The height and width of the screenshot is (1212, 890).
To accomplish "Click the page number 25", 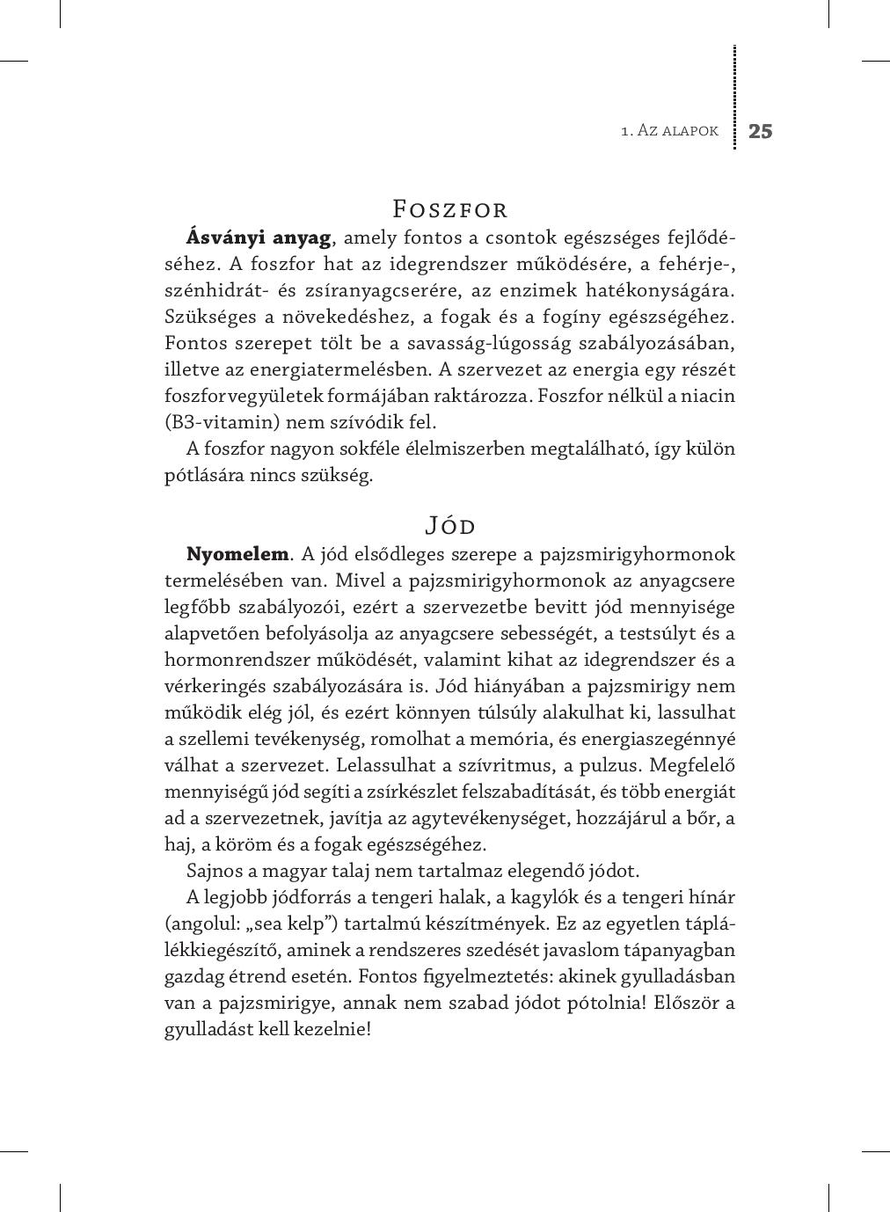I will pyautogui.click(x=760, y=131).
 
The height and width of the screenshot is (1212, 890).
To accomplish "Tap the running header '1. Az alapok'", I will pyautogui.click(x=669, y=131).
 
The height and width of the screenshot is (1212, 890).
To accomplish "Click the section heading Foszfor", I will pyautogui.click(x=449, y=209).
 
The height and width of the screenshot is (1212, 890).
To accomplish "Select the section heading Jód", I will pyautogui.click(x=449, y=526).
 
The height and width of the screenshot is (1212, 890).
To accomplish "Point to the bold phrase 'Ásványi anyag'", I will pyautogui.click(x=259, y=237).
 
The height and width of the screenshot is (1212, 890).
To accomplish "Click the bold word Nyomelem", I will pyautogui.click(x=237, y=554).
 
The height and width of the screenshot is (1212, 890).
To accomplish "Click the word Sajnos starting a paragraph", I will pyautogui.click(x=215, y=871).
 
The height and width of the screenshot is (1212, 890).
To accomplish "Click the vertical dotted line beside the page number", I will pyautogui.click(x=734, y=97).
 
